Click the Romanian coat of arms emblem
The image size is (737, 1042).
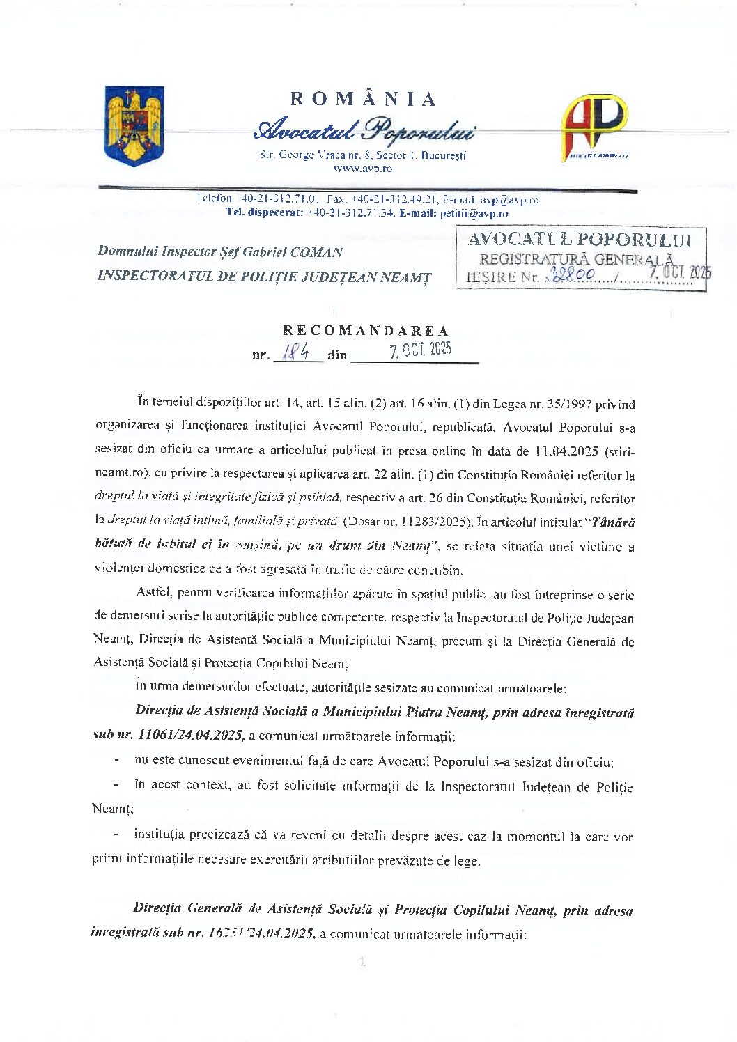(x=134, y=126)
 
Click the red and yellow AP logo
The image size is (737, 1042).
(x=594, y=126)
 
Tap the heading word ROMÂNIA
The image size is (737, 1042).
(x=363, y=99)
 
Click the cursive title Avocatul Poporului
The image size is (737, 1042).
(x=365, y=130)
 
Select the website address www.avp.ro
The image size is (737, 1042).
(x=362, y=168)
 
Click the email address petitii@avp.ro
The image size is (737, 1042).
(x=474, y=214)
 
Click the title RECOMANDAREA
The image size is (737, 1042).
(x=366, y=330)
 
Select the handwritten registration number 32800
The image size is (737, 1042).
(x=571, y=275)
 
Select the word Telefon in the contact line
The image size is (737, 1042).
(x=213, y=199)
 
